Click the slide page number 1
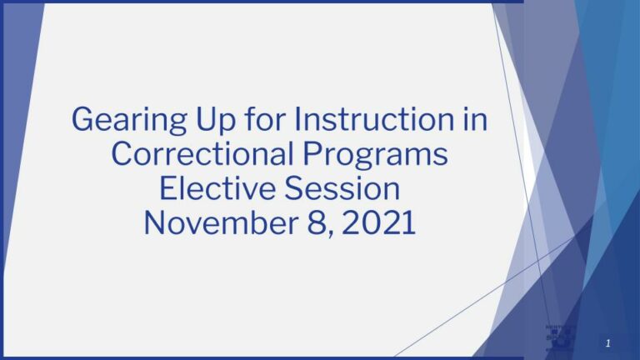(x=608, y=343)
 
